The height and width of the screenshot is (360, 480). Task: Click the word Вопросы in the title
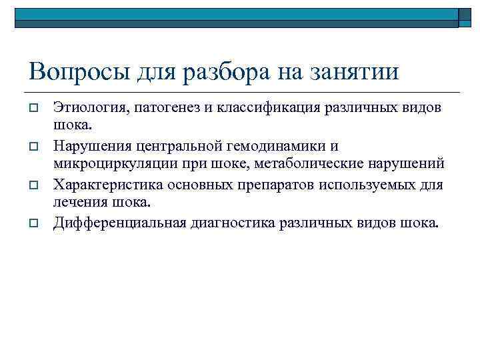click(x=69, y=71)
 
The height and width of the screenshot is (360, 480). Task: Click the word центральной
click(x=184, y=145)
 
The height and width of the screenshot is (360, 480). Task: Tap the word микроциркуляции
click(x=107, y=164)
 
